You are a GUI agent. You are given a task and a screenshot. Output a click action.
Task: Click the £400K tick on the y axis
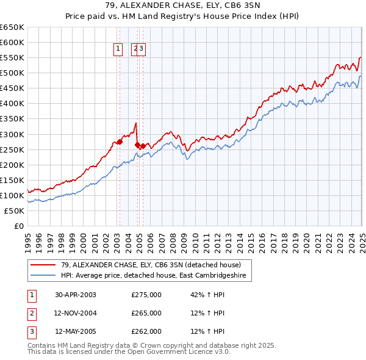point(12,103)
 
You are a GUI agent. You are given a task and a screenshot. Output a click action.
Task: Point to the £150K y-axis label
point(12,180)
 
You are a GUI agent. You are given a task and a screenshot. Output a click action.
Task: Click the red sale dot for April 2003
point(120,142)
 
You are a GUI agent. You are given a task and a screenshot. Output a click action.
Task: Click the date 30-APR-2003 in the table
point(76,294)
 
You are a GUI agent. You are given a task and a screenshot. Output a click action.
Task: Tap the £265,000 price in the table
point(146,313)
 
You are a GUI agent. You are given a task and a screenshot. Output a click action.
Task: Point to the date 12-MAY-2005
point(76,332)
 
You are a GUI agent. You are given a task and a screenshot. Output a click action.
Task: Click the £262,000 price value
point(146,332)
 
